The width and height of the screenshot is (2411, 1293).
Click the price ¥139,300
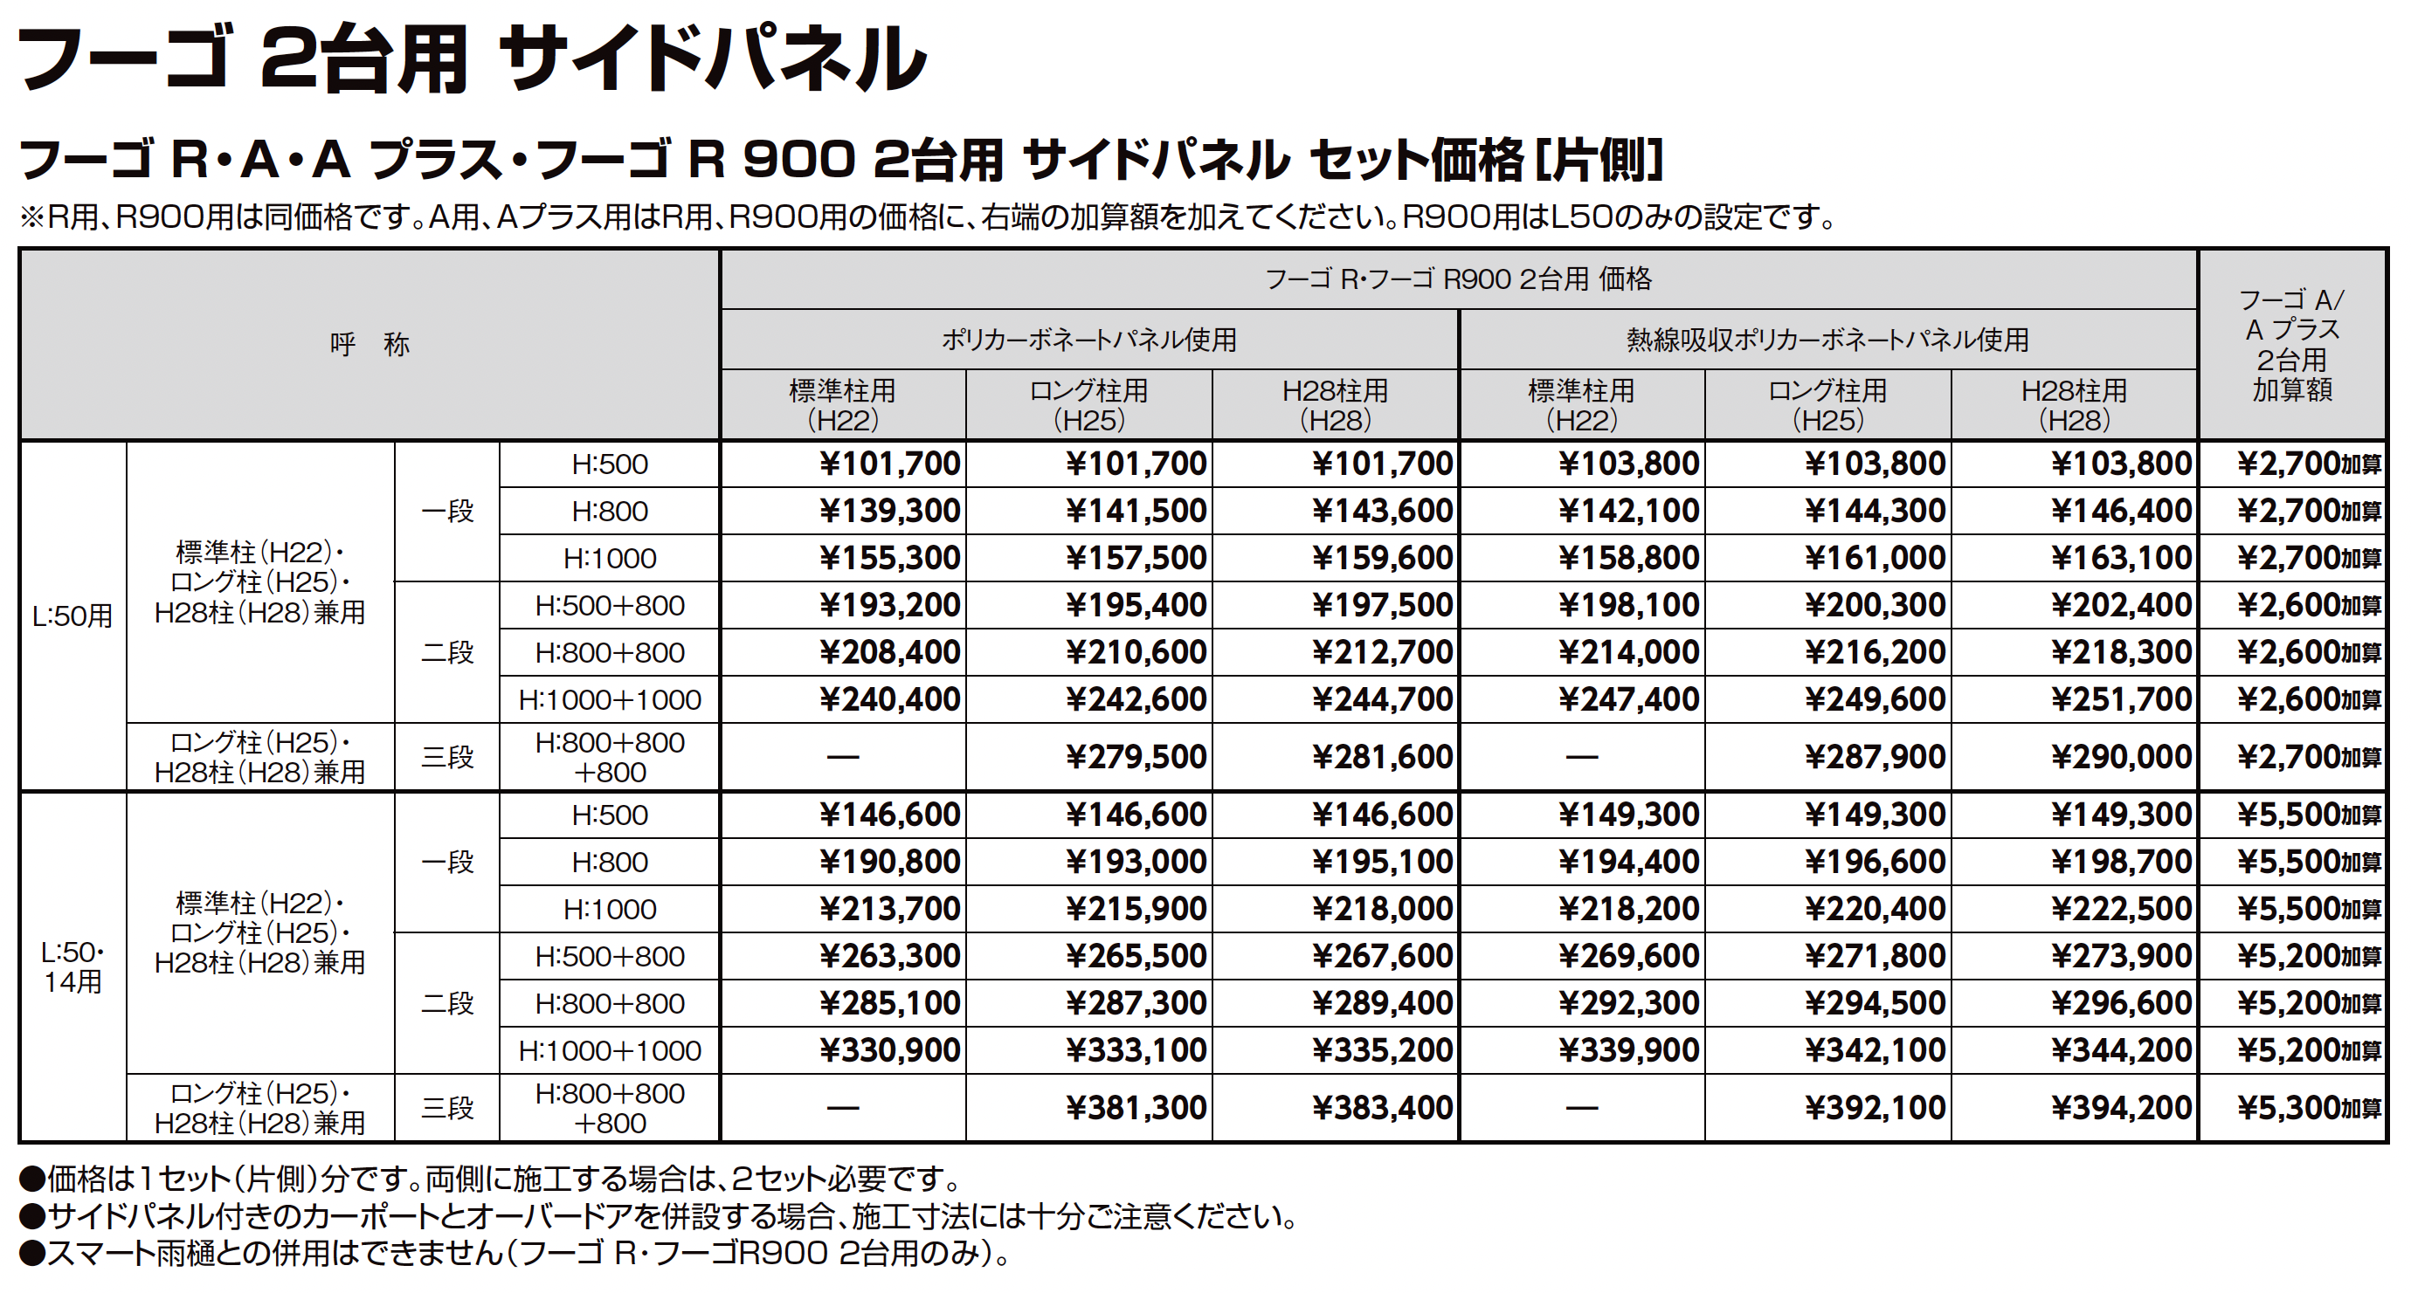click(x=889, y=511)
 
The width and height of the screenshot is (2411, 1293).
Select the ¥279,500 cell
click(x=1136, y=757)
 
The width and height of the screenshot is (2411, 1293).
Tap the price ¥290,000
click(x=2121, y=757)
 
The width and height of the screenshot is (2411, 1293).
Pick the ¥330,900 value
click(x=889, y=1050)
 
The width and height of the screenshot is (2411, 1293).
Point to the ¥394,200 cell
click(x=2121, y=1109)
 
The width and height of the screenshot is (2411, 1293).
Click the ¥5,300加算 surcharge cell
click(x=2308, y=1109)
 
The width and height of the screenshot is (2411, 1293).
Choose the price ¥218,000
click(x=1381, y=910)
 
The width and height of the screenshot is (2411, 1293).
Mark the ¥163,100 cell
click(x=2121, y=559)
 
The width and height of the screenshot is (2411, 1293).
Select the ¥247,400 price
click(x=1628, y=700)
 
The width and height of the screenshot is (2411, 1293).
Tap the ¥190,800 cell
click(x=889, y=862)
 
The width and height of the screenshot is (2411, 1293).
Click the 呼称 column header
click(x=370, y=344)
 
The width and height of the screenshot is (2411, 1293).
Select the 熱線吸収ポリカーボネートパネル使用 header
click(x=1827, y=340)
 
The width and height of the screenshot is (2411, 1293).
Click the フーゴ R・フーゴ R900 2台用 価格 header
click(x=1458, y=279)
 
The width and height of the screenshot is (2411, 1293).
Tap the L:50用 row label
click(x=72, y=616)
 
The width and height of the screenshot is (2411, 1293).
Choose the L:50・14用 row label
click(x=72, y=966)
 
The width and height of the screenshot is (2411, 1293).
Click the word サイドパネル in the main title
click(x=711, y=58)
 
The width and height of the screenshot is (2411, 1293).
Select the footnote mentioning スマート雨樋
click(x=515, y=1254)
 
